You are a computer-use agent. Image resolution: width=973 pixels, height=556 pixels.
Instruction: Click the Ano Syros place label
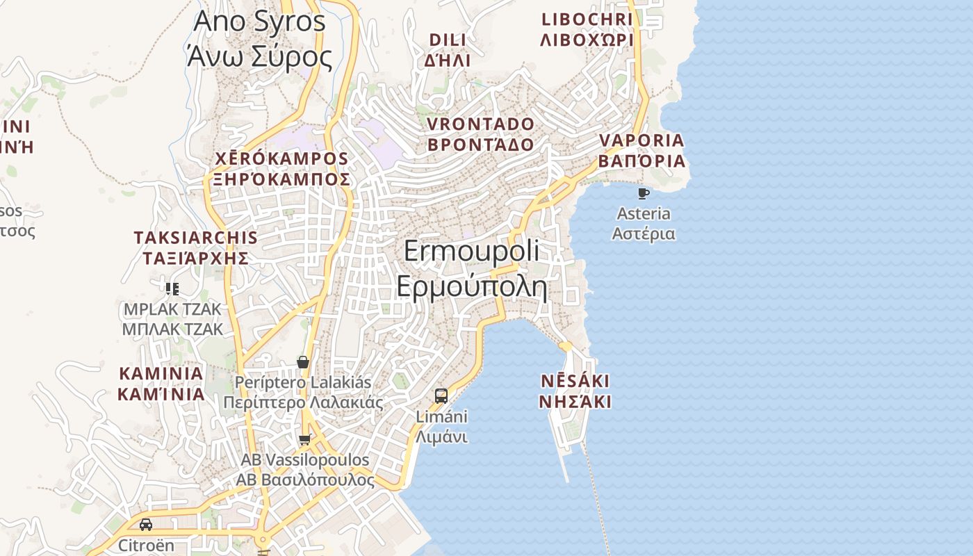pyautogui.click(x=259, y=38)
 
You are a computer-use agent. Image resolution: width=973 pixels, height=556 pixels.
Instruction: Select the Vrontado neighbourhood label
pyautogui.click(x=480, y=134)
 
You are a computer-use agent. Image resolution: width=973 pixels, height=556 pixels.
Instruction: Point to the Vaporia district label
pyautogui.click(x=641, y=151)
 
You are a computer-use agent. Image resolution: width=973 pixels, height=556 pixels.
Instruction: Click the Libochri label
pyautogui.click(x=587, y=29)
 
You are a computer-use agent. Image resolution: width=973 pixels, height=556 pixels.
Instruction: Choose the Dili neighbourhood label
pyautogui.click(x=447, y=49)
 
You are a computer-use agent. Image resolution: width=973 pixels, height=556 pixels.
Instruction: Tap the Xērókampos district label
pyautogui.click(x=281, y=169)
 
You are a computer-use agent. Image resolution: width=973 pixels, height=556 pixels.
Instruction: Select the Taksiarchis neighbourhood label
pyautogui.click(x=196, y=248)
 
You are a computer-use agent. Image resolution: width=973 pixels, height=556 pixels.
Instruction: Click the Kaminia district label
pyautogui.click(x=161, y=384)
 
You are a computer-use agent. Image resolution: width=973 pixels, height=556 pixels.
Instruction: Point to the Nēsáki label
pyautogui.click(x=575, y=391)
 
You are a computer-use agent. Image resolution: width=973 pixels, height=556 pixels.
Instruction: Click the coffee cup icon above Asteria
pyautogui.click(x=644, y=193)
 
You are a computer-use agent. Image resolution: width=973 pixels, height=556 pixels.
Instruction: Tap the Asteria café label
pyautogui.click(x=644, y=223)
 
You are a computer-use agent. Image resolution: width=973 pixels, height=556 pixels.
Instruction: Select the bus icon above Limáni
pyautogui.click(x=441, y=396)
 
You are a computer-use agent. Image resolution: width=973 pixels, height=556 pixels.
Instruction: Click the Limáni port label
pyautogui.click(x=441, y=427)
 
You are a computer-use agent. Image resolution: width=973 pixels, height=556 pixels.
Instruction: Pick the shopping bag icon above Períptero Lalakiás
pyautogui.click(x=302, y=362)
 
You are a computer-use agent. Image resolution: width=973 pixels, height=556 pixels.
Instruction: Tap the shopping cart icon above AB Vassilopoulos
pyautogui.click(x=304, y=439)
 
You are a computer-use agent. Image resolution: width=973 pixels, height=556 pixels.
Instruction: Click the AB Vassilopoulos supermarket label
pyautogui.click(x=305, y=470)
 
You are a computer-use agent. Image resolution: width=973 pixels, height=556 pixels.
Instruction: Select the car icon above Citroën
pyautogui.click(x=146, y=525)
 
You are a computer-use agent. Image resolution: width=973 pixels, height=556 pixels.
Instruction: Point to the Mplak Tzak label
pyautogui.click(x=172, y=318)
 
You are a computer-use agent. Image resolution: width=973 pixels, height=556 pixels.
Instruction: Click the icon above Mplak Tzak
pyautogui.click(x=172, y=288)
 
